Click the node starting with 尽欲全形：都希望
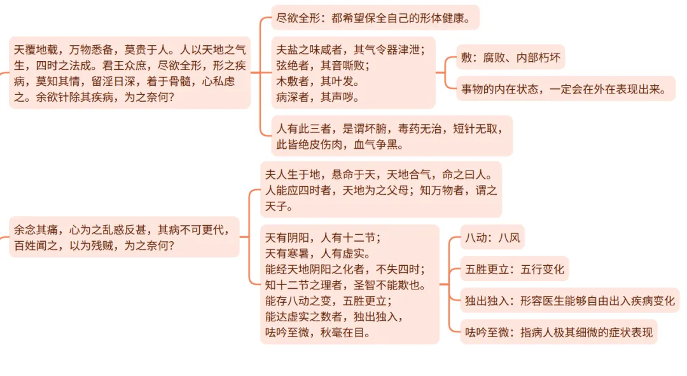374,18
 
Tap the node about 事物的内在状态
565,89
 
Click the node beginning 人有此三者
391,136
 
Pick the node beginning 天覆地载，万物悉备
130,73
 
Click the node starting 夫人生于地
380,190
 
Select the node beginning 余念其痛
124,237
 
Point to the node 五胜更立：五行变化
514,269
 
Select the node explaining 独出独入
569,300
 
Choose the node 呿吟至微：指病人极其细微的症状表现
559,331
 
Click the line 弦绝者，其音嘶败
323,66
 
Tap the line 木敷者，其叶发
317,81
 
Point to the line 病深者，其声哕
317,97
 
